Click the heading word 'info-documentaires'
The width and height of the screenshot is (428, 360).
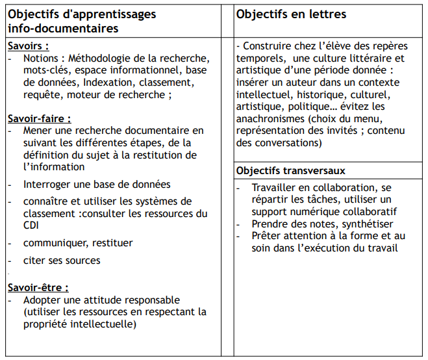point(63,29)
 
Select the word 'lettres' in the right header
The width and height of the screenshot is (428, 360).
point(325,14)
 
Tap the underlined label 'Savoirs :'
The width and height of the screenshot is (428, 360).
point(29,46)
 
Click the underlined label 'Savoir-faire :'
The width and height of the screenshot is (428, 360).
point(40,119)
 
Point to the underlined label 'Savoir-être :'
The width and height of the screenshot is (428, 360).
point(38,287)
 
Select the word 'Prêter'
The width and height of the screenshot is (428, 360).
point(267,235)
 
